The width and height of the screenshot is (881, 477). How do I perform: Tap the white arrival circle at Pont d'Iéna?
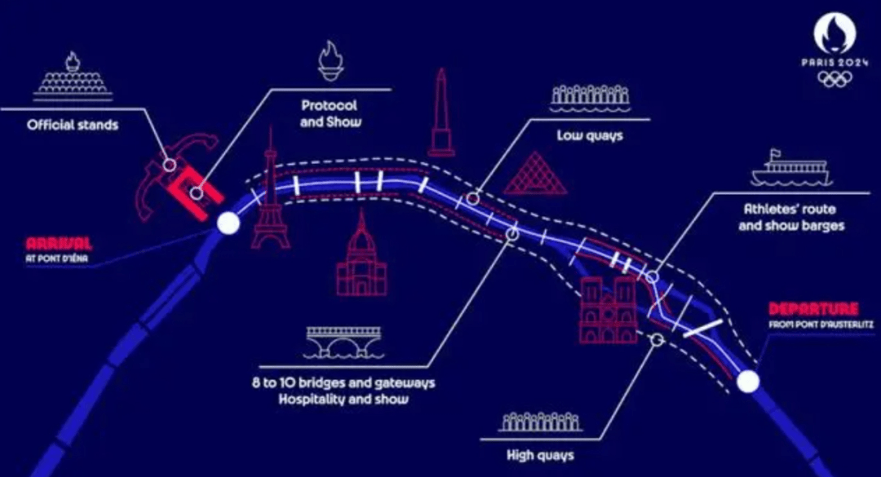228,223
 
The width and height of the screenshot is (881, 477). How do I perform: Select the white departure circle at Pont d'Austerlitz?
748,382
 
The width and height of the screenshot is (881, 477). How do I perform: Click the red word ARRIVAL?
59,244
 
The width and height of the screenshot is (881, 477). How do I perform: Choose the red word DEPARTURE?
813,309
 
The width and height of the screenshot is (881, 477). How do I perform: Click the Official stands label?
73,125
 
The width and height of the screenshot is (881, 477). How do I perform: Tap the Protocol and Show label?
330,113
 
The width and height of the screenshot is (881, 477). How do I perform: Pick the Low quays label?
590,135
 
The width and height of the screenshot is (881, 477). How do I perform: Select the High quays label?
541,454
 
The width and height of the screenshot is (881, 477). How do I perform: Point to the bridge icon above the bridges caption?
344,342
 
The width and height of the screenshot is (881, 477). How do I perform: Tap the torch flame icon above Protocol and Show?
331,60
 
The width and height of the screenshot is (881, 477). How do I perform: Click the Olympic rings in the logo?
835,79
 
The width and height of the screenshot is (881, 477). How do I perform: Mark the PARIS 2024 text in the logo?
835,63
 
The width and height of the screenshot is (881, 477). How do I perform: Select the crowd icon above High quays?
540,422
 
